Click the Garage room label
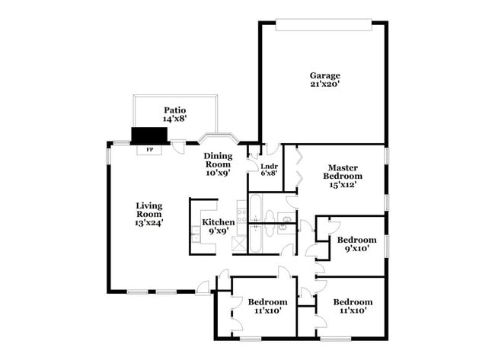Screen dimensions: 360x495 [x=324, y=75]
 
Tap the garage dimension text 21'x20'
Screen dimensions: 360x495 [x=324, y=84]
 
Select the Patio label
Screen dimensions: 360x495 [x=174, y=110]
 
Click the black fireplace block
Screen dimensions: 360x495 [x=149, y=135]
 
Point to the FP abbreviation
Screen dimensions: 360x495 [x=149, y=149]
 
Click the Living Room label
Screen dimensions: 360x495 [x=149, y=209]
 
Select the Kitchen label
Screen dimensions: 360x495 [x=218, y=222]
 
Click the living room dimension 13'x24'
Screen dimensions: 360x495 [x=149, y=223]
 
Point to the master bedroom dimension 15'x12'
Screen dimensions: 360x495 [x=343, y=184]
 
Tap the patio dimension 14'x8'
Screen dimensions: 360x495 [x=174, y=119]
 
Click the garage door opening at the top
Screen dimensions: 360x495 [x=324, y=25]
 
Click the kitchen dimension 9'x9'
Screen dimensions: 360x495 [x=218, y=231]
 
